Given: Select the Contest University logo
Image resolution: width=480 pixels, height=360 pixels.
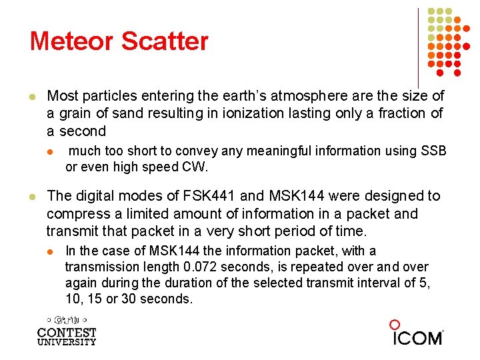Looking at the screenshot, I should (67, 331).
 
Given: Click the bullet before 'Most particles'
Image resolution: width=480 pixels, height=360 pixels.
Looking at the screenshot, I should (31, 96).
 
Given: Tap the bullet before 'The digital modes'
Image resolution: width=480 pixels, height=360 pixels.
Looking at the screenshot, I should (31, 196).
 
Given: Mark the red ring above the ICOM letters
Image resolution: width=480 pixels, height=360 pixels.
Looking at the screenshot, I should (395, 325).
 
